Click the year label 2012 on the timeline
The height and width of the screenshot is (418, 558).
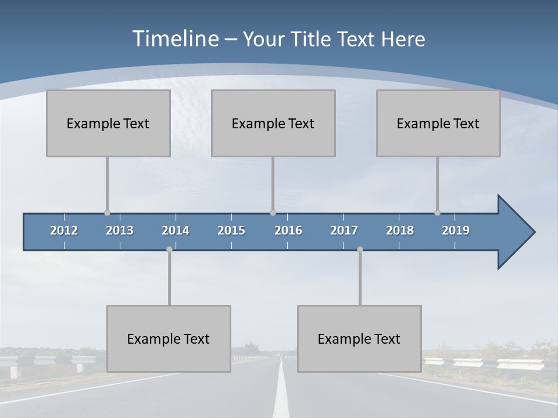64,230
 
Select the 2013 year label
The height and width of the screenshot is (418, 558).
120,230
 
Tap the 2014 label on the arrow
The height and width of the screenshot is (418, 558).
176,230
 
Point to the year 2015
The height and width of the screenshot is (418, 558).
231,230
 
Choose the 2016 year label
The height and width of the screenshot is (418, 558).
288,230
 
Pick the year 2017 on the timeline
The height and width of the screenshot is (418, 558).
344,230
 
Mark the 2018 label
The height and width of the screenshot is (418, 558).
400,230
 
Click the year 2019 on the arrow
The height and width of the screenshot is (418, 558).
456,230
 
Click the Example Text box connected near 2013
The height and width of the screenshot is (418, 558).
108,123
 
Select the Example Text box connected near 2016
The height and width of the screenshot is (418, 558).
273,123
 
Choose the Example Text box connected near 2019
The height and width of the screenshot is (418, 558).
438,123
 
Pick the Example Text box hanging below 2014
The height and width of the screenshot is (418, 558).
169,338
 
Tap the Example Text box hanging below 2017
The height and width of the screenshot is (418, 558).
359,338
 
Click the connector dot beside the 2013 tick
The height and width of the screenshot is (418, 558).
108,212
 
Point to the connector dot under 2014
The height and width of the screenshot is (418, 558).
169,249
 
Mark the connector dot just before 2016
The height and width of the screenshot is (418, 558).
273,212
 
